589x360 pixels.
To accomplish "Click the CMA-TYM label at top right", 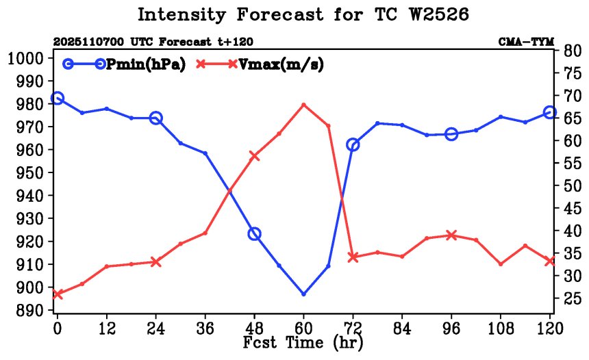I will (526, 42).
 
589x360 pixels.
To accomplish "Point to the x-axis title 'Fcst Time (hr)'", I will (303, 342).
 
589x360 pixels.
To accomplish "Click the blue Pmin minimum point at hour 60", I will (303, 294).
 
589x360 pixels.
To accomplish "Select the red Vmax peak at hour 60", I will (303, 105).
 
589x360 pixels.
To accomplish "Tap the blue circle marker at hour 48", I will (254, 234).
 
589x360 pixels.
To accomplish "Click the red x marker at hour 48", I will (254, 156).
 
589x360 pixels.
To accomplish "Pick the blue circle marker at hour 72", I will (353, 144).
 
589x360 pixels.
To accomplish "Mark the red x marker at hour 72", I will (353, 257).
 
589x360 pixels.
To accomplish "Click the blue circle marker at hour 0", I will (58, 99).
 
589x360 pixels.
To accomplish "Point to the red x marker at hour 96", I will (451, 235).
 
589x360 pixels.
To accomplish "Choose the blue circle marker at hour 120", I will (550, 112).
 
